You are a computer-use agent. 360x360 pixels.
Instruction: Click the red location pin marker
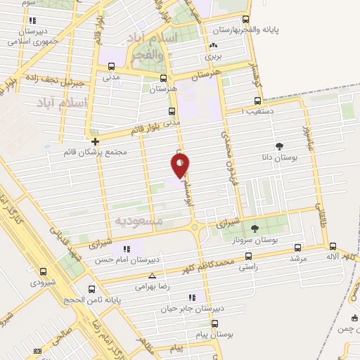point(180,165)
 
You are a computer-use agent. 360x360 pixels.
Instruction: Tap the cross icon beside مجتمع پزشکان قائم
point(95,141)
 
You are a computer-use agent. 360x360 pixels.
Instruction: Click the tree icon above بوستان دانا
point(281,146)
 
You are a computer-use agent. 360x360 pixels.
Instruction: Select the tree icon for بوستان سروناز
point(255,228)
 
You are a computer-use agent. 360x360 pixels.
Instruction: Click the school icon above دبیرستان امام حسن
point(127,249)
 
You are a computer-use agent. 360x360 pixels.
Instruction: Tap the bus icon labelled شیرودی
point(44,271)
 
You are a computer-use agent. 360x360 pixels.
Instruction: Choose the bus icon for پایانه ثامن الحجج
point(92,288)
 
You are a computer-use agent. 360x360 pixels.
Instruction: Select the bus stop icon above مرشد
point(298,247)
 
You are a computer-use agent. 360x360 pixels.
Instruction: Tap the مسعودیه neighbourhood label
point(139,221)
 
